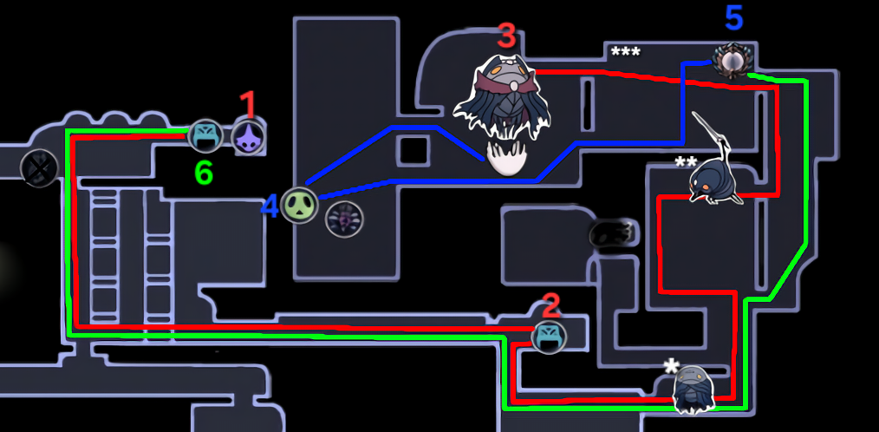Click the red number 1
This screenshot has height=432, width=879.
pyautogui.click(x=247, y=105)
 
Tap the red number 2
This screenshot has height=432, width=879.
pyautogui.click(x=551, y=305)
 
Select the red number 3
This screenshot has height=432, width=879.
pyautogui.click(x=506, y=36)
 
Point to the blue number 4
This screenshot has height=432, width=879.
pyautogui.click(x=270, y=207)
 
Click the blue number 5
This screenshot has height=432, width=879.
pyautogui.click(x=733, y=19)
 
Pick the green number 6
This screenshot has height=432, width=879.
pyautogui.click(x=204, y=174)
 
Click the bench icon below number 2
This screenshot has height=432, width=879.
pyautogui.click(x=548, y=337)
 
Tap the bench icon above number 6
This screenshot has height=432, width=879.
pyautogui.click(x=205, y=136)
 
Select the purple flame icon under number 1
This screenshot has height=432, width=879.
pyautogui.click(x=247, y=136)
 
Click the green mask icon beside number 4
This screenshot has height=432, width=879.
pyautogui.click(x=299, y=206)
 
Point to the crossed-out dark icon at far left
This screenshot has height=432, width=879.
pyautogui.click(x=39, y=167)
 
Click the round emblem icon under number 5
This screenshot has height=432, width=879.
pyautogui.click(x=732, y=60)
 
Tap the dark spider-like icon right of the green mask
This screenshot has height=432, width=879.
pyautogui.click(x=344, y=219)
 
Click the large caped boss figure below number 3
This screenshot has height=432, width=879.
pyautogui.click(x=502, y=97)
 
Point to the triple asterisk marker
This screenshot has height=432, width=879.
pyautogui.click(x=626, y=53)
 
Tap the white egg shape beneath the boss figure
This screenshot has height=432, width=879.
pyautogui.click(x=506, y=158)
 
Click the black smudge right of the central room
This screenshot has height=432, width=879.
pyautogui.click(x=613, y=232)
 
